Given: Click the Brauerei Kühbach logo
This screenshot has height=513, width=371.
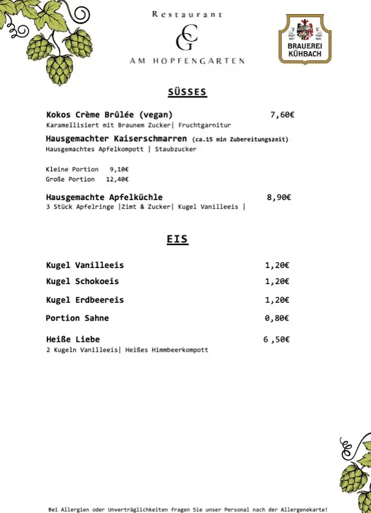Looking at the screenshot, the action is point(305,40).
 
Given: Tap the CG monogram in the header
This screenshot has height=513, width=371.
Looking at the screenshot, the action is point(186,37).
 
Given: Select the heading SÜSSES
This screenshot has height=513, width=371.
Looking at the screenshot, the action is point(187,92).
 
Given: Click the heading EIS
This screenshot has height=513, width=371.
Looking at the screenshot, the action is point(177,239).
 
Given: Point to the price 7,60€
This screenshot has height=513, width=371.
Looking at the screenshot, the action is point(282,115).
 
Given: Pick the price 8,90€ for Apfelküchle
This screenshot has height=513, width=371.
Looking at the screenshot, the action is point(279,198).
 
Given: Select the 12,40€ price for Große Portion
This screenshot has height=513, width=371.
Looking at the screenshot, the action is point(117,180).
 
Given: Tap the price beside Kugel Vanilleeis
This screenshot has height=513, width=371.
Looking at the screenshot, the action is point(277,265).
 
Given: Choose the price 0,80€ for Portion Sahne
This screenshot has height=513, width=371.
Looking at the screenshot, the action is point(277,318).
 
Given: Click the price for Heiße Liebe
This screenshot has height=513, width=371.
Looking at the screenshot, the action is point(276,339).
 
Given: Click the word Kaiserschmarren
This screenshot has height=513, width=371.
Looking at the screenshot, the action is point(151,139).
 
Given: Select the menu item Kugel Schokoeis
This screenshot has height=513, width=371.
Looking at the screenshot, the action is point(82,281).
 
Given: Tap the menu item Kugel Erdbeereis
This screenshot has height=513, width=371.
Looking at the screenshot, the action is point(85,299).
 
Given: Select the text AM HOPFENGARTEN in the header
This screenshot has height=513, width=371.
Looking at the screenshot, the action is point(186,61).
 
